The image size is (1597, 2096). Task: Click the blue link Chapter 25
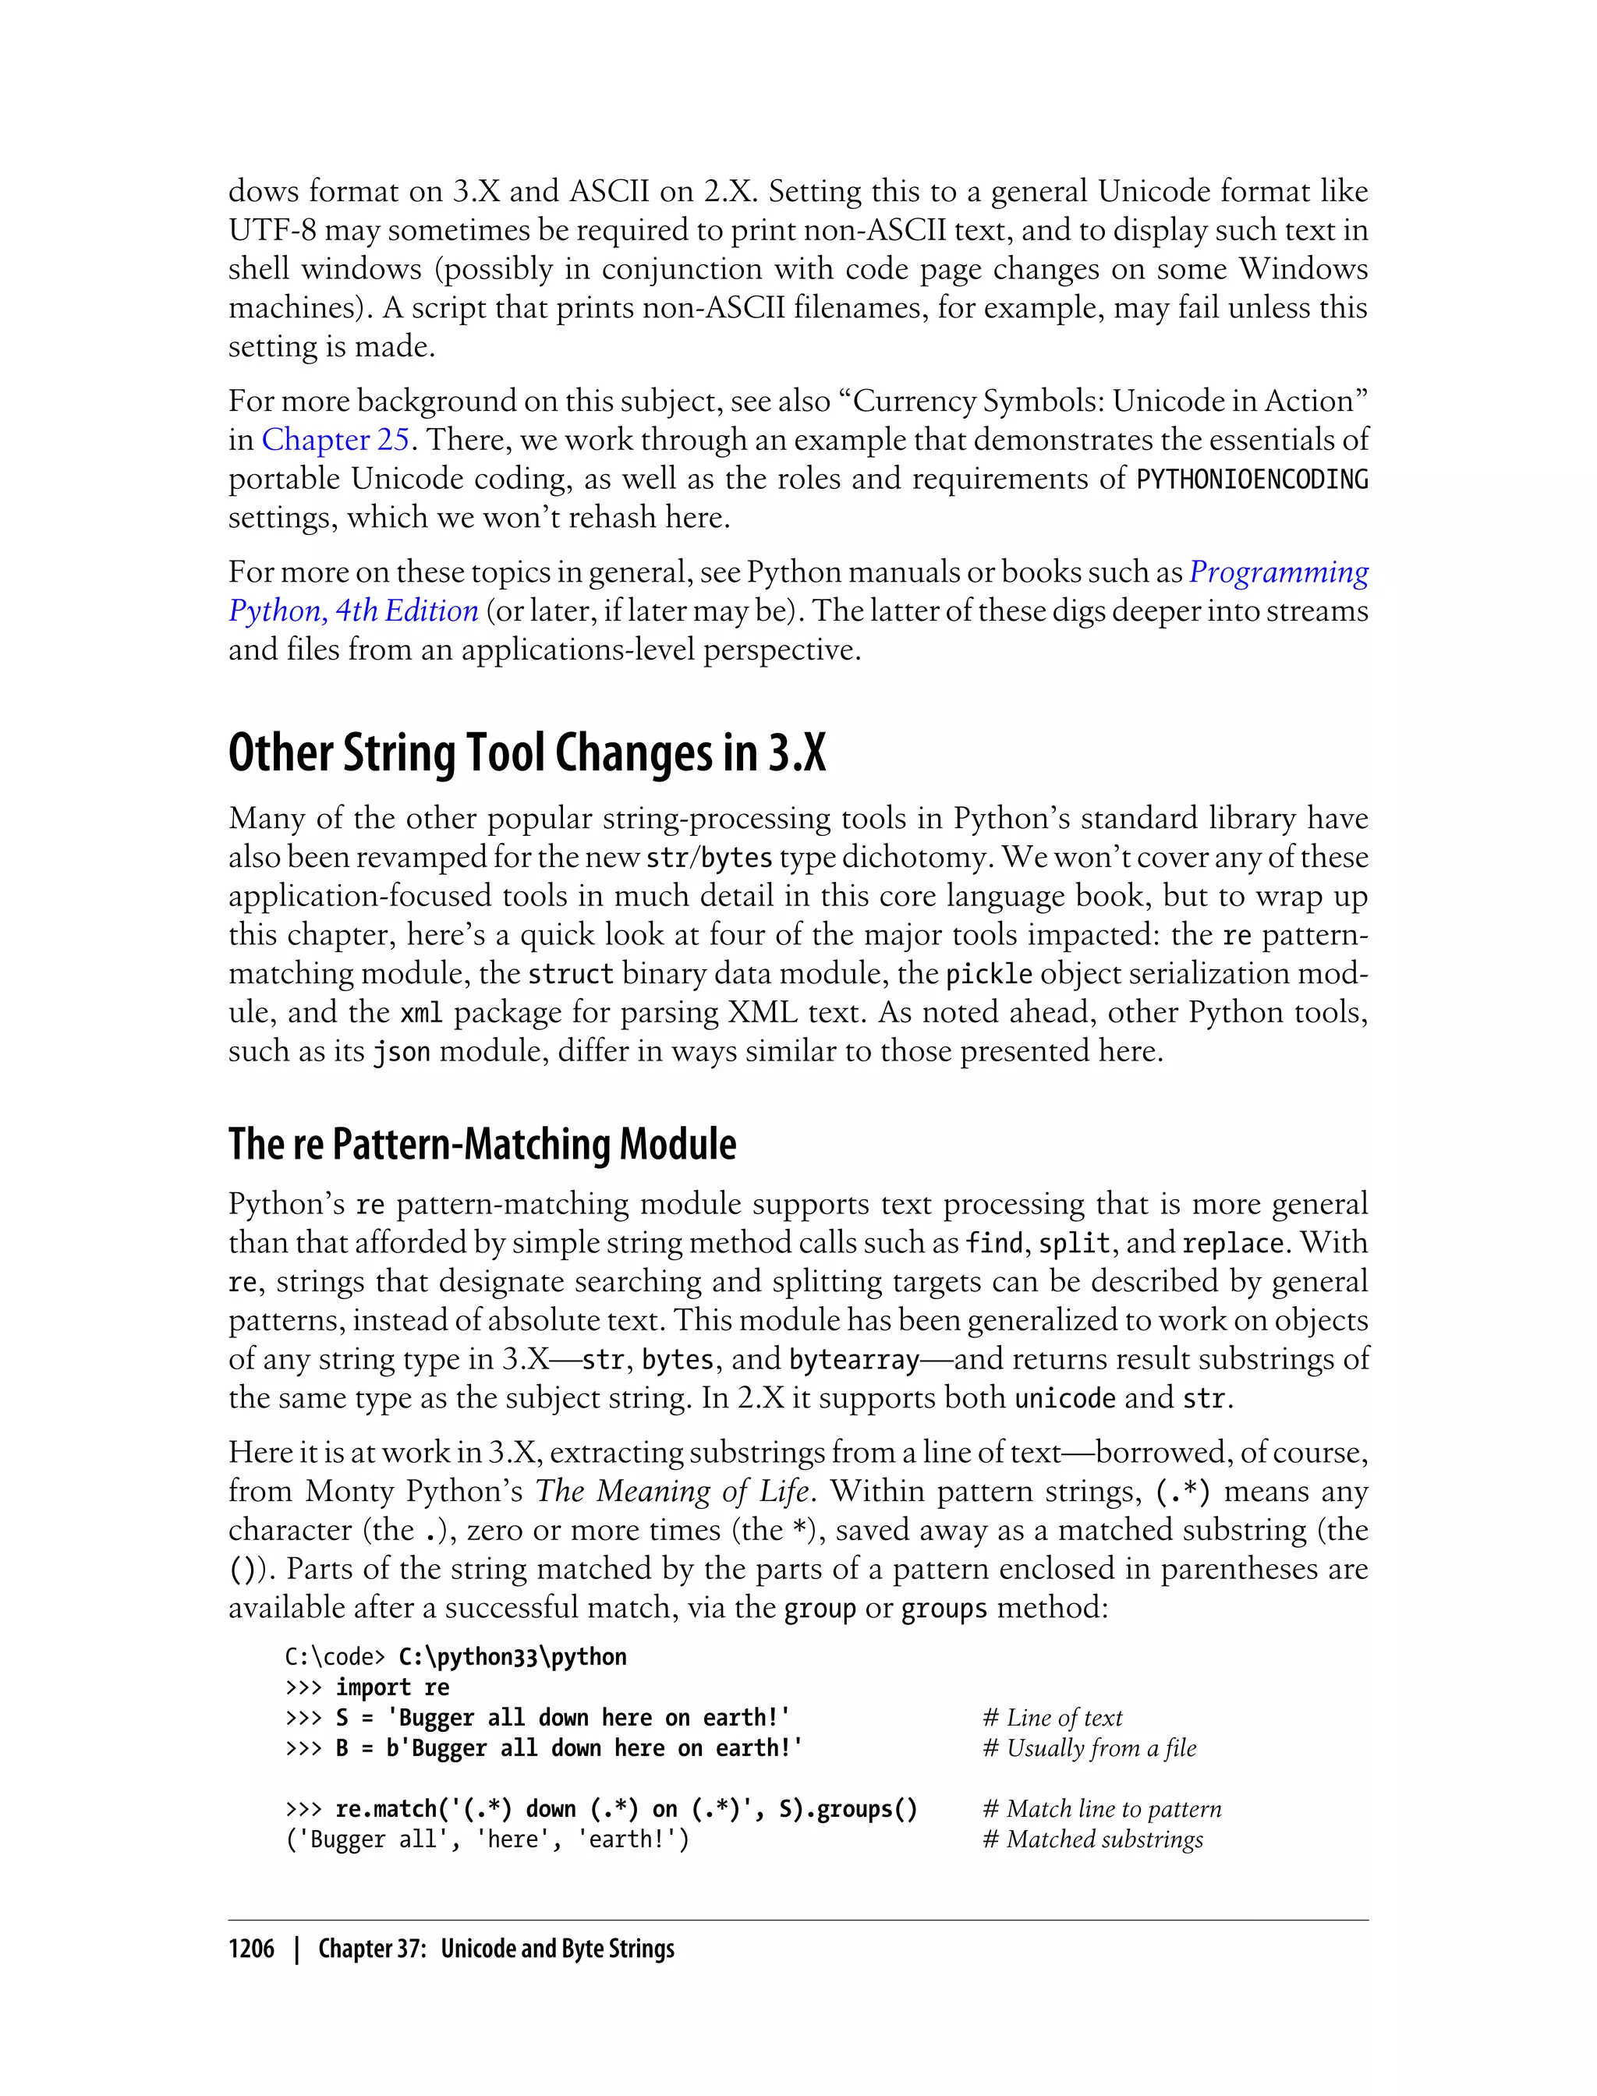coord(335,439)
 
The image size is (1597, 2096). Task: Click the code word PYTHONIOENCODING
coord(1252,478)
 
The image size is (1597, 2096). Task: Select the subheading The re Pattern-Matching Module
coord(482,1144)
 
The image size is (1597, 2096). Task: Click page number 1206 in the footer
coord(251,1949)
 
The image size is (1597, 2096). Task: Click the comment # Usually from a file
coord(1089,1748)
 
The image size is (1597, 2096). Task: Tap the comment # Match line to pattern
coord(1102,1809)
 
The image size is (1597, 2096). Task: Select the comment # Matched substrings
coord(1092,1839)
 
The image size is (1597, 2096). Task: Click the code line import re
coord(391,1687)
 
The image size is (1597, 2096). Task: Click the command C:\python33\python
coord(512,1657)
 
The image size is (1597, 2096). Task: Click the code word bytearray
coord(854,1360)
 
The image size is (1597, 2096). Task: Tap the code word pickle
coord(989,975)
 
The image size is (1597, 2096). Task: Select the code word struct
coord(570,975)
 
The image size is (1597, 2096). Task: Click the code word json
coord(400,1052)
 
